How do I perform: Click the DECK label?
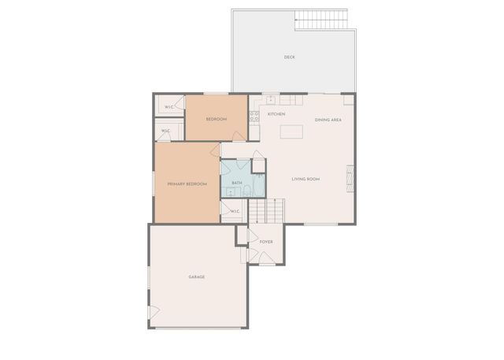pyautogui.click(x=289, y=58)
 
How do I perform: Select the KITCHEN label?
pyautogui.click(x=276, y=115)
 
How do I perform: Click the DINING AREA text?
pyautogui.click(x=328, y=120)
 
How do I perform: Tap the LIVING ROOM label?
pyautogui.click(x=305, y=180)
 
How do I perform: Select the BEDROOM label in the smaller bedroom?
pyautogui.click(x=217, y=119)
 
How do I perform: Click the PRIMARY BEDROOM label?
pyautogui.click(x=187, y=184)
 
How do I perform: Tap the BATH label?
pyautogui.click(x=236, y=182)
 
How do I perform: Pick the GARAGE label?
pyautogui.click(x=196, y=277)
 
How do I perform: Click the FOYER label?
pyautogui.click(x=266, y=242)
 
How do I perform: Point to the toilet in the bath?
pyautogui.click(x=246, y=191)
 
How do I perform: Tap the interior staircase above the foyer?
pyautogui.click(x=267, y=211)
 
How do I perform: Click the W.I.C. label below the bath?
pyautogui.click(x=235, y=212)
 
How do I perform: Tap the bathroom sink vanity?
pyautogui.click(x=230, y=191)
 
